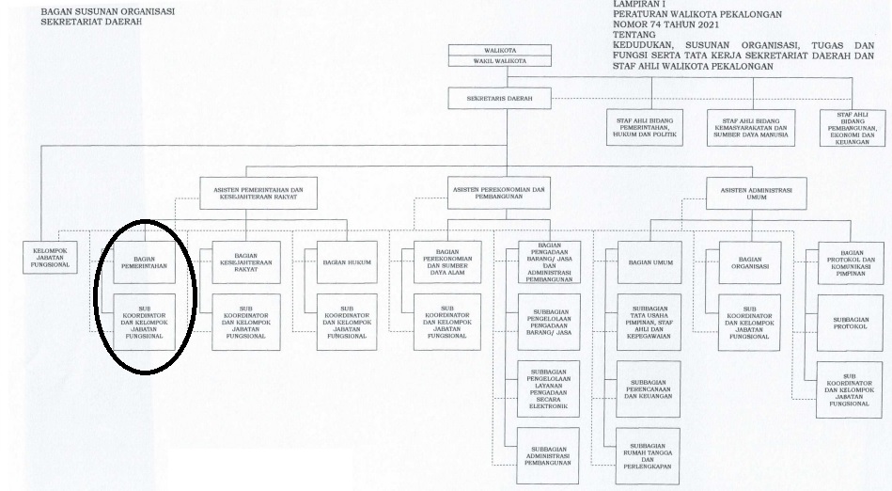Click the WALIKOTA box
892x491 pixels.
(499, 50)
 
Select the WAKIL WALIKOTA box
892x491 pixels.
(499, 61)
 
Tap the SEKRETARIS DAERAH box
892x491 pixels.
(499, 99)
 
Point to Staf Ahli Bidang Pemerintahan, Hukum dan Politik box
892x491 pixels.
(645, 128)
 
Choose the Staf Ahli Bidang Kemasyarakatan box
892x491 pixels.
(751, 128)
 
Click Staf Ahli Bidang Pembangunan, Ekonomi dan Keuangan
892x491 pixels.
(853, 128)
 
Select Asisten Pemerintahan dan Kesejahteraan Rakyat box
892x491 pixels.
(258, 193)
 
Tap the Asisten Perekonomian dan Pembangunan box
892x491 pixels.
(499, 193)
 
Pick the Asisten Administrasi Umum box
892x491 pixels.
(756, 194)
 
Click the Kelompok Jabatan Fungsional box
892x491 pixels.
(50, 258)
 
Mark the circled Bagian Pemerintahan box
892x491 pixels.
(144, 262)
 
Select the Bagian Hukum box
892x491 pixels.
(347, 262)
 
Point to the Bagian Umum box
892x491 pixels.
(649, 262)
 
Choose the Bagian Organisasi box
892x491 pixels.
(750, 262)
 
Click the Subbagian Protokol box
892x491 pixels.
(851, 323)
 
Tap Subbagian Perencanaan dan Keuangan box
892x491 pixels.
(649, 389)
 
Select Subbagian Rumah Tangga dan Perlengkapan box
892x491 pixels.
(648, 456)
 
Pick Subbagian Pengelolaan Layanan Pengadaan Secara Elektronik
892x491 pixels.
(548, 389)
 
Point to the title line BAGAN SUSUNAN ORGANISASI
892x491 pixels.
(108, 11)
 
